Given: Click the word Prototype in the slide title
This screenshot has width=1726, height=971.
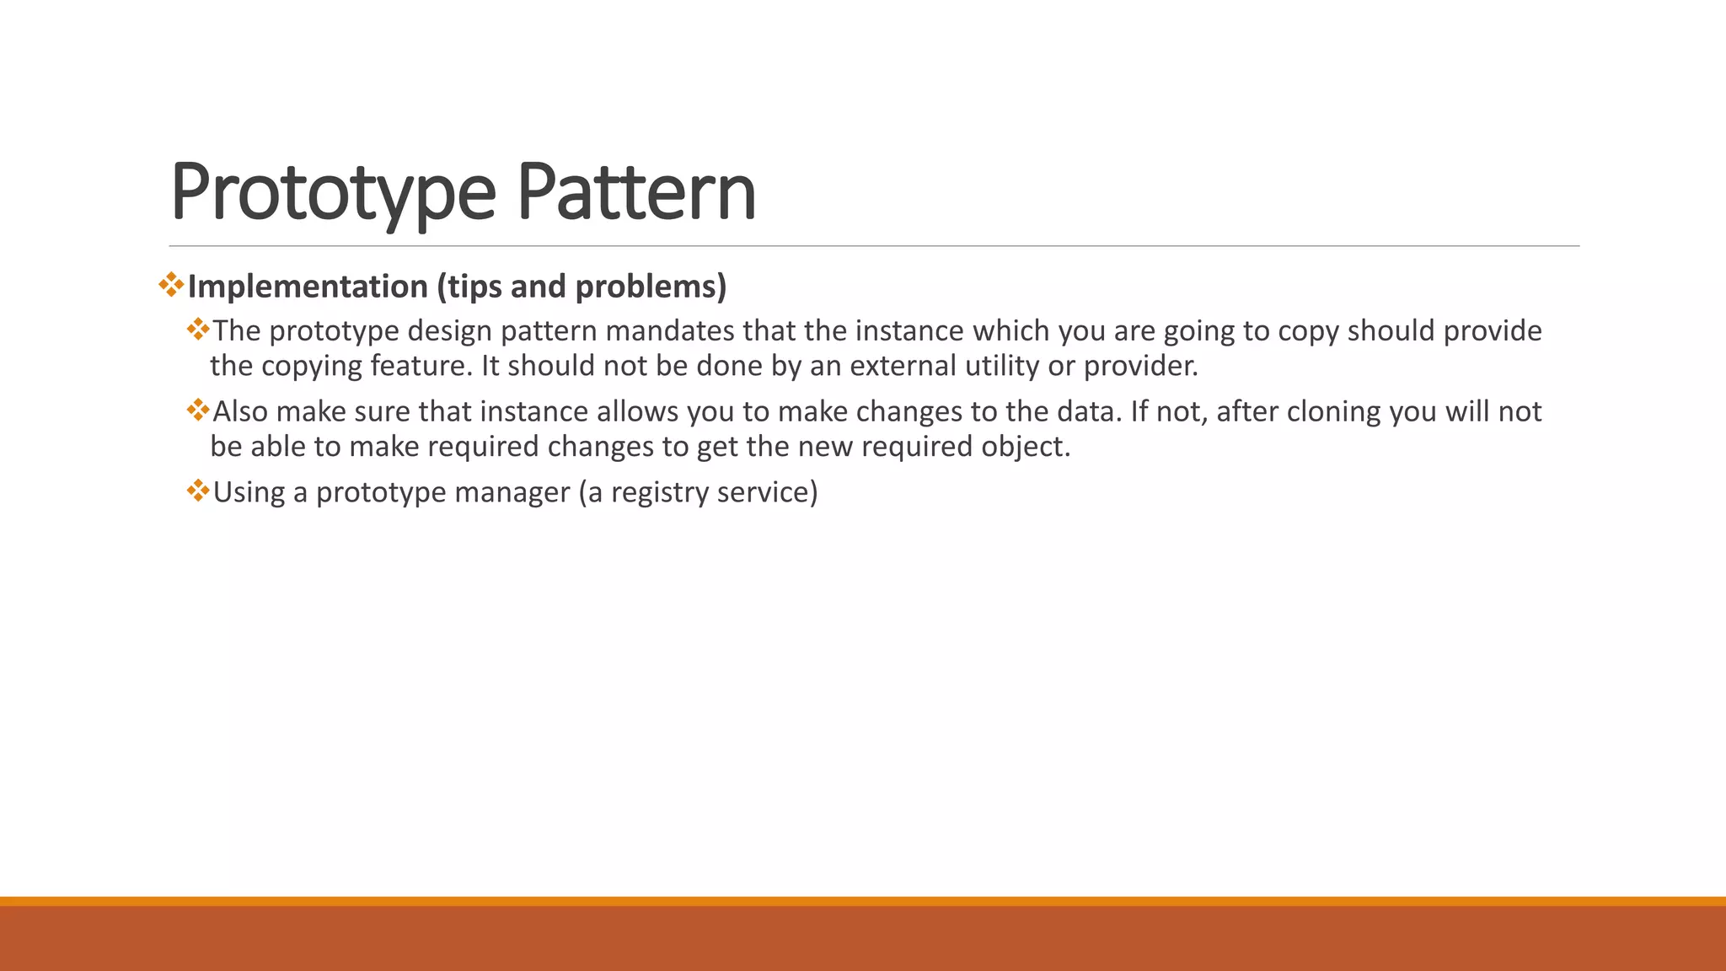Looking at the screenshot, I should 333,192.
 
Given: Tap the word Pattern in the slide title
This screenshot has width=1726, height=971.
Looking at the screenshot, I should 636,192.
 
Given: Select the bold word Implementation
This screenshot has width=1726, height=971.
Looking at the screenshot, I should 308,287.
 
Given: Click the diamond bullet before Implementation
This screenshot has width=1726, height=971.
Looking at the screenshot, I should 171,284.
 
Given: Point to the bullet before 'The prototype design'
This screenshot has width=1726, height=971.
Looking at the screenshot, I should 198,329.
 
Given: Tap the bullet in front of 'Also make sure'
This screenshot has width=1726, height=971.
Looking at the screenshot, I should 198,410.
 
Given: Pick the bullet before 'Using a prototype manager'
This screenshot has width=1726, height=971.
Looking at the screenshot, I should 198,491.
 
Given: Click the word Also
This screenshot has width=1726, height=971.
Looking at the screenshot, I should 240,411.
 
